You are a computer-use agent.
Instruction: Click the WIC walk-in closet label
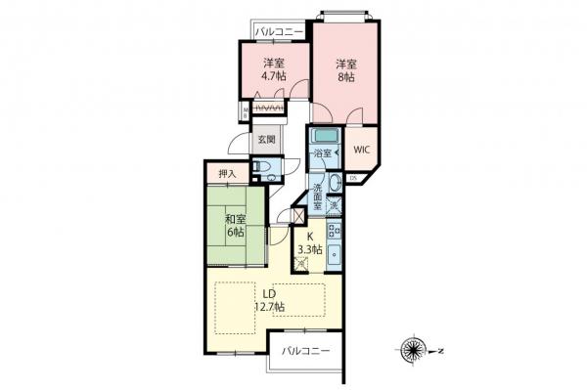[x=360, y=150]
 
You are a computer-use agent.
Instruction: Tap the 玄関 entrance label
[x=267, y=139]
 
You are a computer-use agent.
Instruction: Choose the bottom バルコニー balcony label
[x=306, y=350]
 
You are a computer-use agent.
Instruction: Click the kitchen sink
[x=334, y=257]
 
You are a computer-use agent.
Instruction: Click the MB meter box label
[x=244, y=110]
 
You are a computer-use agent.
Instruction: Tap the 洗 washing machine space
[x=334, y=205]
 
